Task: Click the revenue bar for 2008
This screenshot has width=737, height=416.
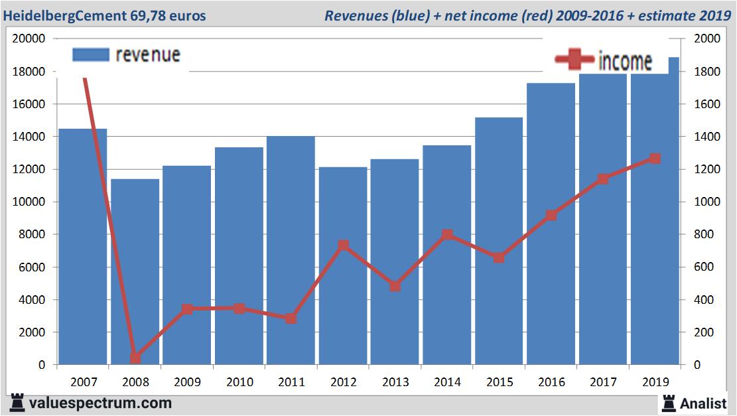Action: (x=135, y=272)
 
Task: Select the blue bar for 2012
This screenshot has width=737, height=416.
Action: (x=343, y=265)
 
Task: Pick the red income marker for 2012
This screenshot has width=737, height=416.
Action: (x=343, y=245)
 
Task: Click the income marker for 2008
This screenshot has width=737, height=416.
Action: (x=135, y=358)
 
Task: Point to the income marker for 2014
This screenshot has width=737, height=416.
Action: (x=447, y=235)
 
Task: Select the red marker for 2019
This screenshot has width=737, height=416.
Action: (x=655, y=159)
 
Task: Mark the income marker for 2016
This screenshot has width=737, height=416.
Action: (x=551, y=215)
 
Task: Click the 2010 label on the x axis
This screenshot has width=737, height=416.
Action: (x=239, y=382)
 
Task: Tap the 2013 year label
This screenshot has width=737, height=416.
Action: (x=395, y=382)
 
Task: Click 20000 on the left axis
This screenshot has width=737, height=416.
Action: (x=29, y=38)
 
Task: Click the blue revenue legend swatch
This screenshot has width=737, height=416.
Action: (x=90, y=54)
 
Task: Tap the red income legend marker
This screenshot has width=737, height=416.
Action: (x=574, y=60)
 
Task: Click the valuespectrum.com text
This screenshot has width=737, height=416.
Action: (x=100, y=403)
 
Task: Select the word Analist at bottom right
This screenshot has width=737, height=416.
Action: (x=703, y=403)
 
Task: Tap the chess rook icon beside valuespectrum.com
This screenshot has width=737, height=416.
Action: (x=17, y=403)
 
